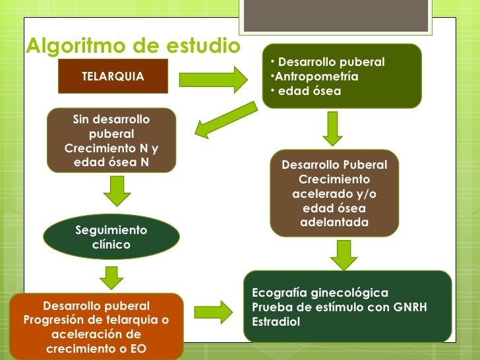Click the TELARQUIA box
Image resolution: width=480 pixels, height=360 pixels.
pyautogui.click(x=113, y=76)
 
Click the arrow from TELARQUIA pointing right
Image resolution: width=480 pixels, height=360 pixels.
pyautogui.click(x=214, y=78)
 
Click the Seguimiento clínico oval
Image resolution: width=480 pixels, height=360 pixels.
pyautogui.click(x=111, y=237)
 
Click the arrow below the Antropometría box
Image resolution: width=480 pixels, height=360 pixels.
pyautogui.click(x=332, y=129)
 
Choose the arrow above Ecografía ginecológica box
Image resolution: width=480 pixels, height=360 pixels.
pyautogui.click(x=343, y=255)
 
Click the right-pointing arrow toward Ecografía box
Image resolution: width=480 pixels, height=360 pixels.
pyautogui.click(x=214, y=310)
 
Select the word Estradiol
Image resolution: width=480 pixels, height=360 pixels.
pyautogui.click(x=276, y=322)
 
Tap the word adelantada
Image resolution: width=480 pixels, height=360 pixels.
pyautogui.click(x=334, y=223)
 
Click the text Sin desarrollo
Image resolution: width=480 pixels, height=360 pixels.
pyautogui.click(x=111, y=119)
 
